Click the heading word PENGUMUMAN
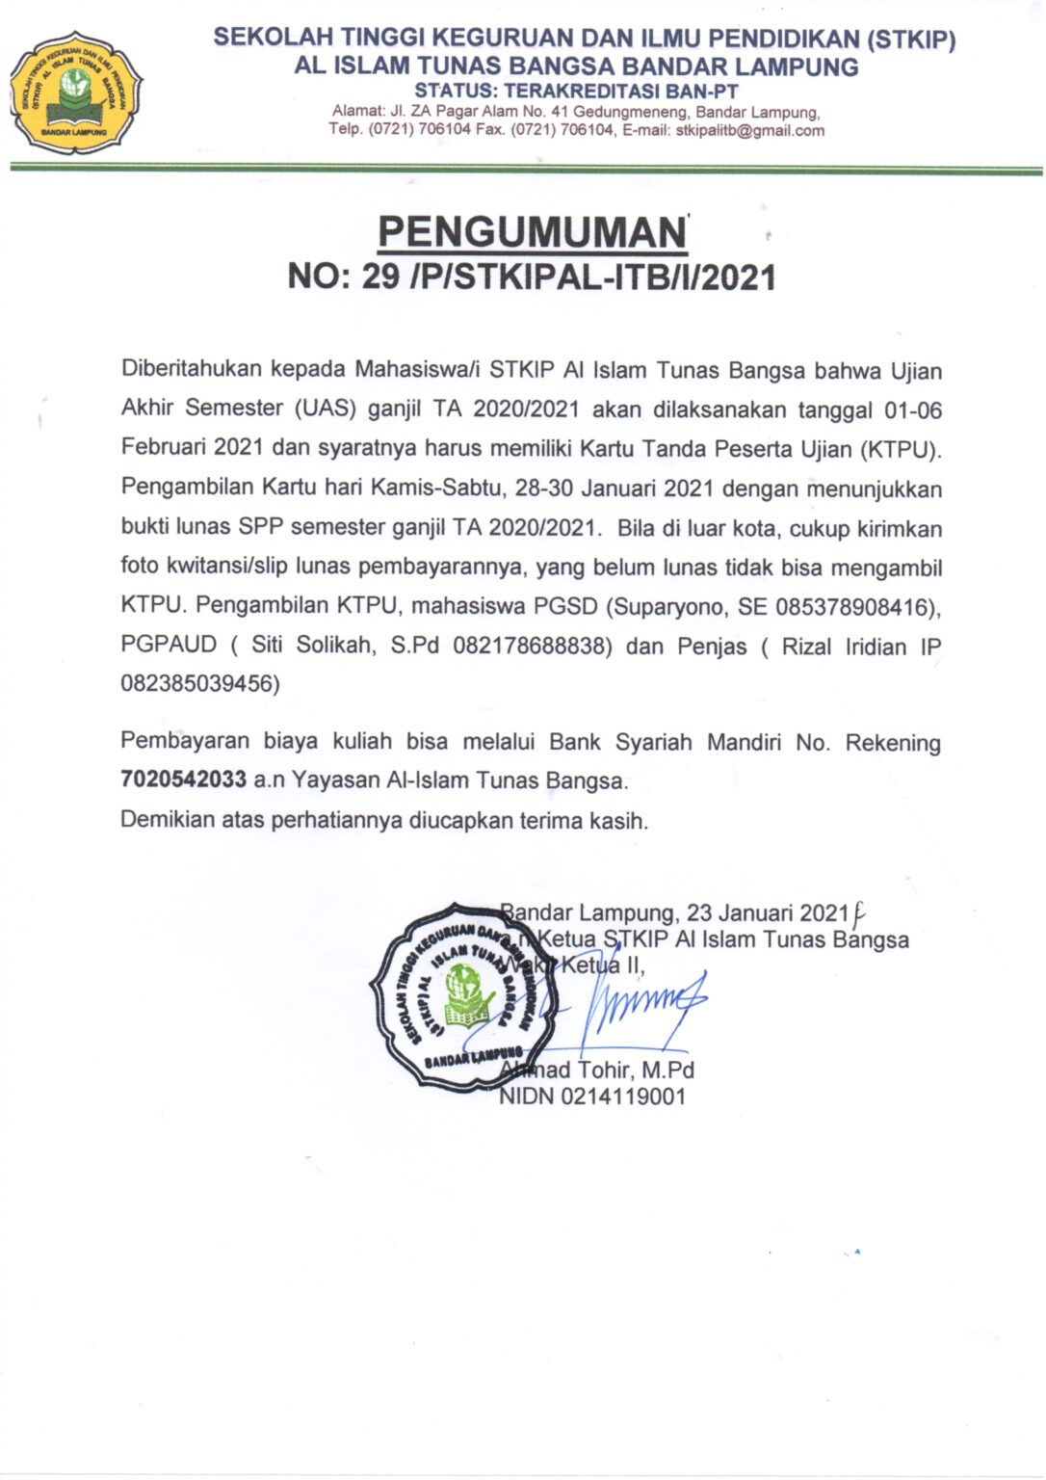point(532,233)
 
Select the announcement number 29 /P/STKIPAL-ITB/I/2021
point(568,277)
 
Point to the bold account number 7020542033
point(184,780)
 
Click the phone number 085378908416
point(853,607)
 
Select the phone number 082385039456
point(200,684)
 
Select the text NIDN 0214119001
point(592,1097)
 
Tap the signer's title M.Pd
point(668,1070)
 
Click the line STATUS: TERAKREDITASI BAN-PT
point(576,92)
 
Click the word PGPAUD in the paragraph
point(170,646)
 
